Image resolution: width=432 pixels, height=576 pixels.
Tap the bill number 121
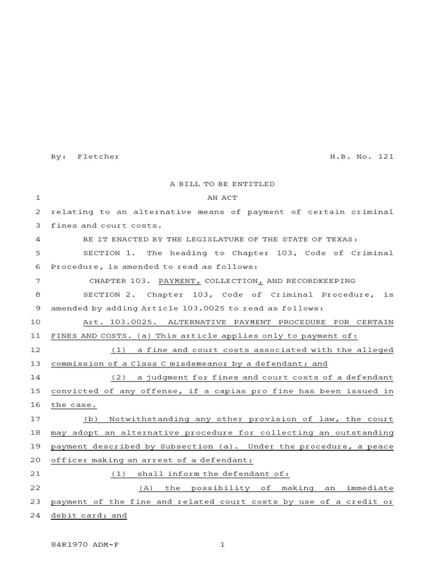click(x=386, y=156)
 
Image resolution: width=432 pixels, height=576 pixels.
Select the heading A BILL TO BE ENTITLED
click(x=222, y=184)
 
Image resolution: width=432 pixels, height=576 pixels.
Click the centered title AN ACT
click(x=222, y=198)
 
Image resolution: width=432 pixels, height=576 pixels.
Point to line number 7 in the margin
click(x=37, y=281)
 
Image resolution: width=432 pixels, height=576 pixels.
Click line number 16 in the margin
click(x=35, y=405)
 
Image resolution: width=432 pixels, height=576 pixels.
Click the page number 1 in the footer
click(x=222, y=544)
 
